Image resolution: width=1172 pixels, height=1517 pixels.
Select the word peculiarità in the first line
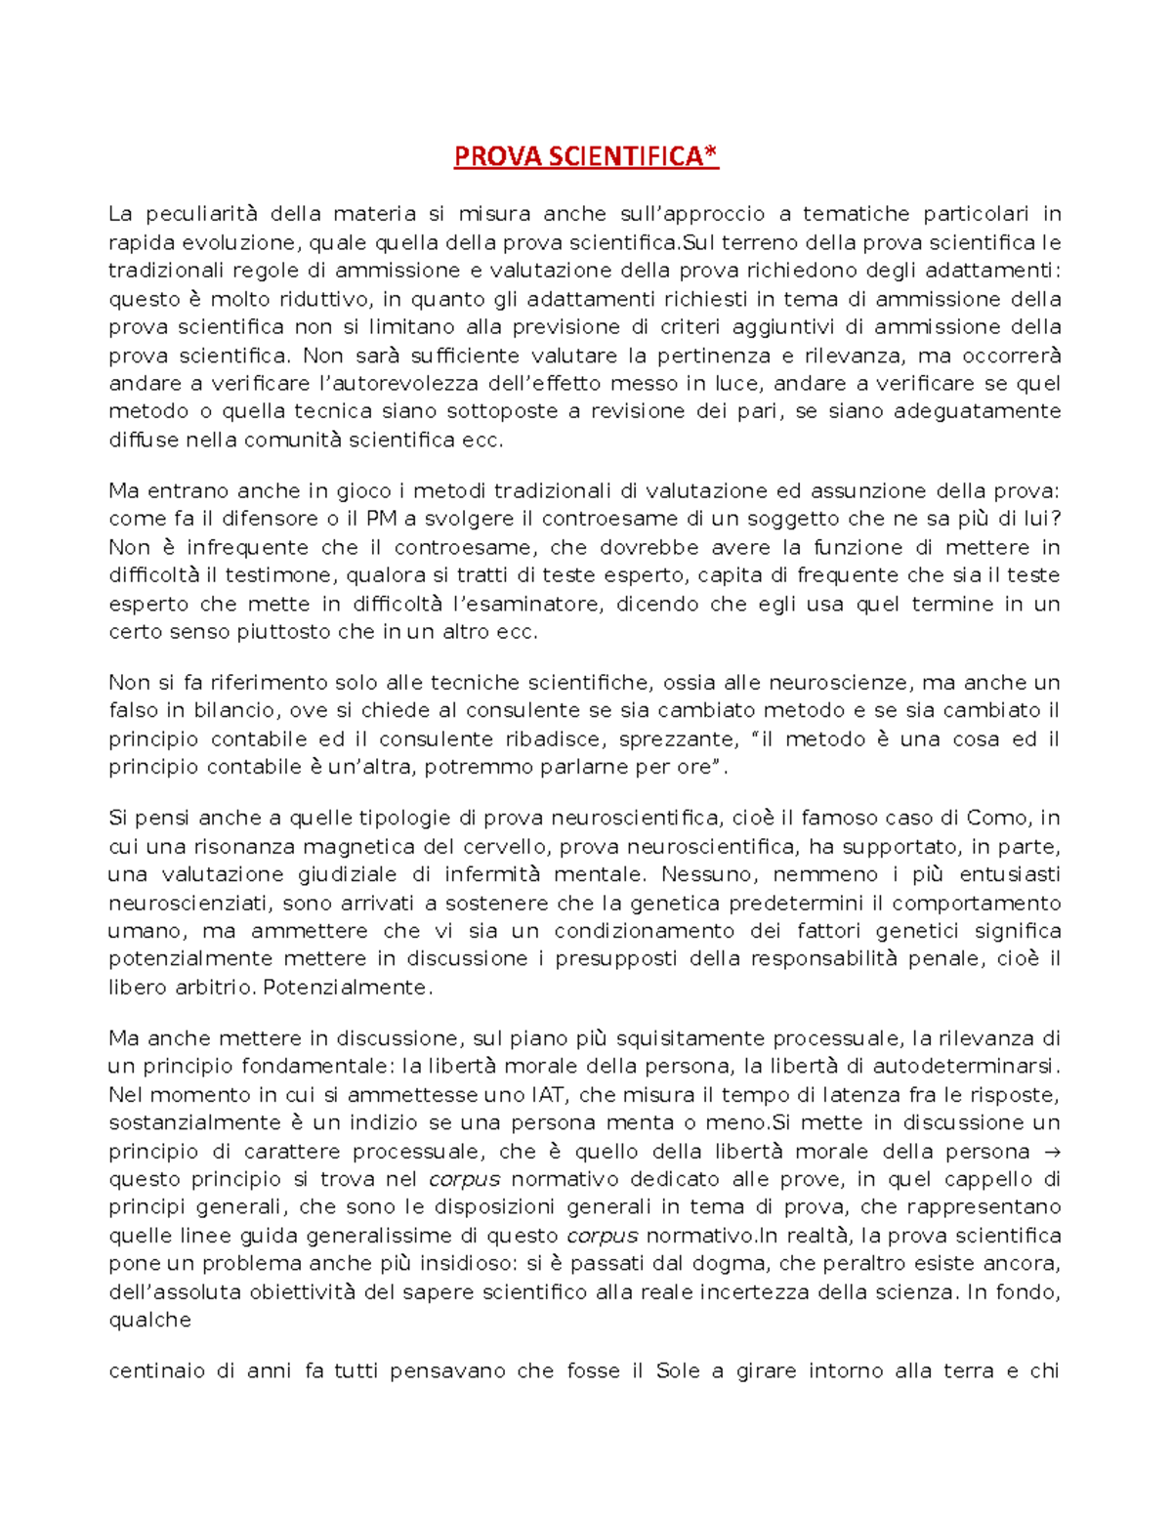pyautogui.click(x=200, y=214)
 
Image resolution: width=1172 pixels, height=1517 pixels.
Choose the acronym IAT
pyautogui.click(x=548, y=1095)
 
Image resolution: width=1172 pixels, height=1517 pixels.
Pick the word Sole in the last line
pyautogui.click(x=678, y=1371)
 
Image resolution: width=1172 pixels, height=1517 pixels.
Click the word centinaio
pyautogui.click(x=156, y=1371)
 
